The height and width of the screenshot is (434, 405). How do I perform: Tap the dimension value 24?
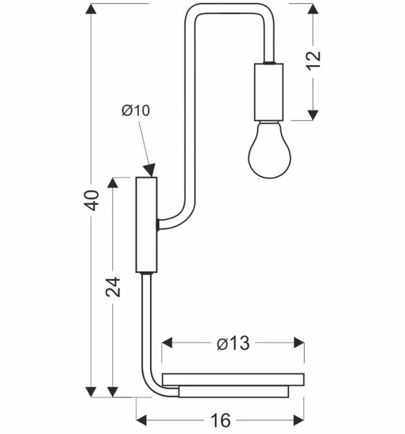pos(114,287)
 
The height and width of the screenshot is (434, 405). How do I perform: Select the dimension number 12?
pos(314,61)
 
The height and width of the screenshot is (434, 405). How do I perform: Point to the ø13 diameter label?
pos(232,344)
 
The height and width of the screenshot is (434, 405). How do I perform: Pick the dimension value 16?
pos(221,420)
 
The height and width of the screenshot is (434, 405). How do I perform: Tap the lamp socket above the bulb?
pos(269,92)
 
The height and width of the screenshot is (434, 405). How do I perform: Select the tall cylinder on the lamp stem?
pos(146,224)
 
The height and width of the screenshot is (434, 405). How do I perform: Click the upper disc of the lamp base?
pos(233,379)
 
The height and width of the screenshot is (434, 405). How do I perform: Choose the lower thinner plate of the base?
pos(234,391)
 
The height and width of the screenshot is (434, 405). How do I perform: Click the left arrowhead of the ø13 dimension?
pos(166,343)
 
